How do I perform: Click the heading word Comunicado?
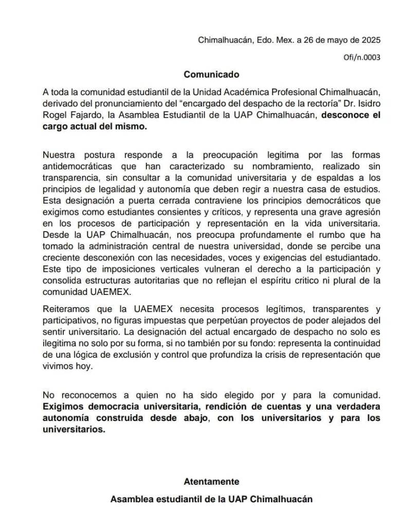(211, 74)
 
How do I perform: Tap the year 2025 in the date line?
(370, 40)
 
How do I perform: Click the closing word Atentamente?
(211, 482)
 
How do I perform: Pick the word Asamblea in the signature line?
(133, 499)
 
